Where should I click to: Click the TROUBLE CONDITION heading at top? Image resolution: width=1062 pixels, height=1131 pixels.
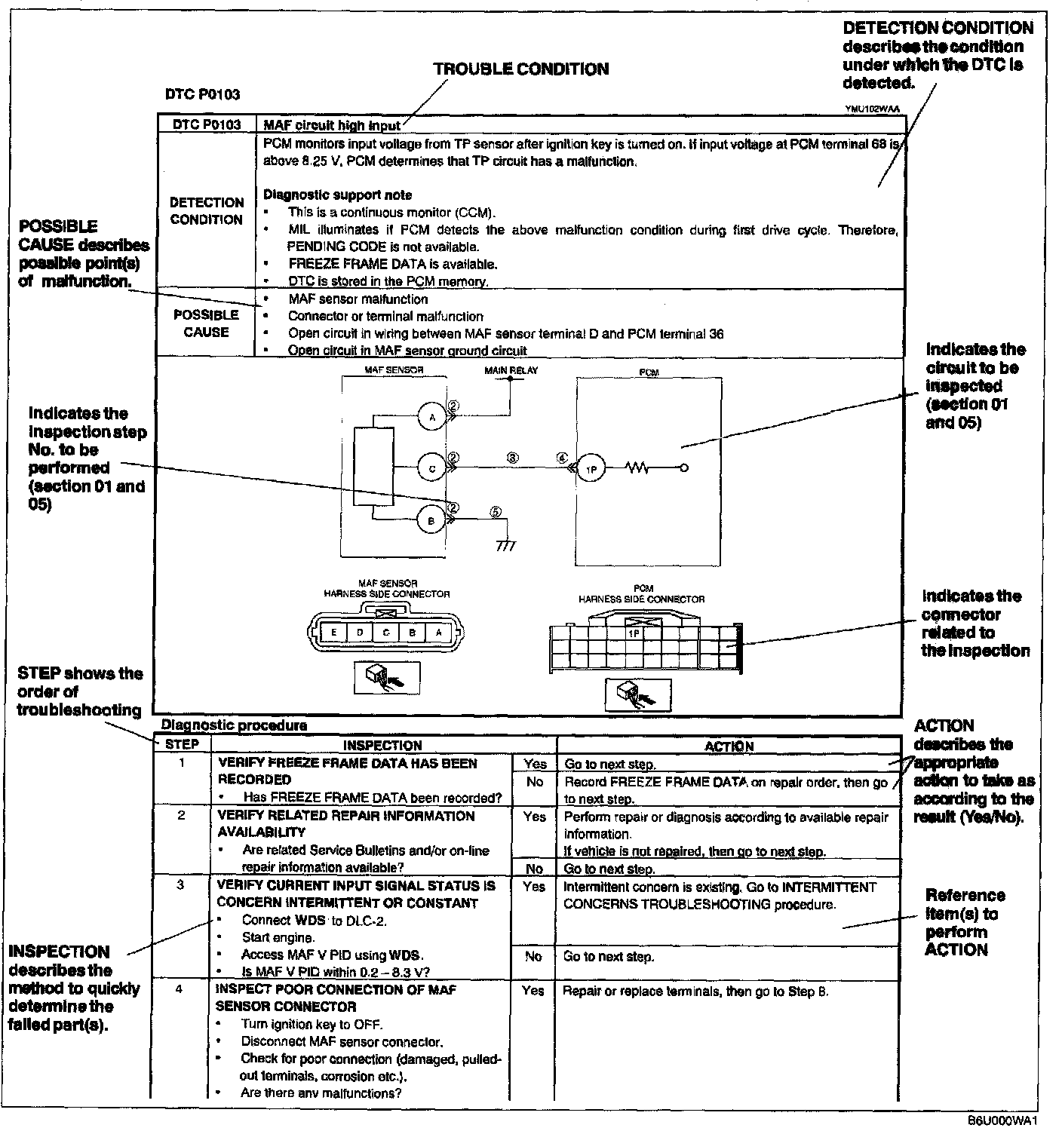[x=520, y=69]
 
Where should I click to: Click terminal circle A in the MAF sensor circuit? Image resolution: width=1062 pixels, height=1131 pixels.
[x=432, y=417]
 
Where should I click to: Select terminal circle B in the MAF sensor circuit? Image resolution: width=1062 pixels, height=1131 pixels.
[x=432, y=520]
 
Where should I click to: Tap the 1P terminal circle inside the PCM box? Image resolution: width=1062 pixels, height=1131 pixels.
[x=591, y=469]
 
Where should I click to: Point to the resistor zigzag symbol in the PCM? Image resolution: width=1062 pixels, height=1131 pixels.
[x=637, y=468]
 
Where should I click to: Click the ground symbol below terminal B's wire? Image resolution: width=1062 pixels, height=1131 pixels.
[x=506, y=545]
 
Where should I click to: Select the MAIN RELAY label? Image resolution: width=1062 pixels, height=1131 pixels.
[x=511, y=370]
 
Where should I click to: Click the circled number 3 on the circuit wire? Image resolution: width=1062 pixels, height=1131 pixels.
[x=512, y=458]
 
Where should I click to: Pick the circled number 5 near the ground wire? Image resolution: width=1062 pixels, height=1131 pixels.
[x=496, y=510]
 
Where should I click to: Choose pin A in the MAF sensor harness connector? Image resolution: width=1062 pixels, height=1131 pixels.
[x=438, y=633]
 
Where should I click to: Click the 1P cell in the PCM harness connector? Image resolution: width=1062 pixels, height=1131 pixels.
[x=634, y=633]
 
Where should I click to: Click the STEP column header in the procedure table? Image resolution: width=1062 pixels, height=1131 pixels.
[x=182, y=744]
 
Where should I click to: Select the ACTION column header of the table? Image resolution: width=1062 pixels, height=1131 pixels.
[x=729, y=746]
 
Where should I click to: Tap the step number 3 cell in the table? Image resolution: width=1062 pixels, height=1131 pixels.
[x=180, y=885]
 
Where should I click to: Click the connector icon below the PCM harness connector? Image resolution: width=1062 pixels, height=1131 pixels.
[x=637, y=694]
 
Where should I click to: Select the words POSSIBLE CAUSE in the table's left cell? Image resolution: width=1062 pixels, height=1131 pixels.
[x=206, y=323]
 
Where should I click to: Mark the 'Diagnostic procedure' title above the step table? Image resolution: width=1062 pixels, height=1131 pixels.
[x=235, y=725]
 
